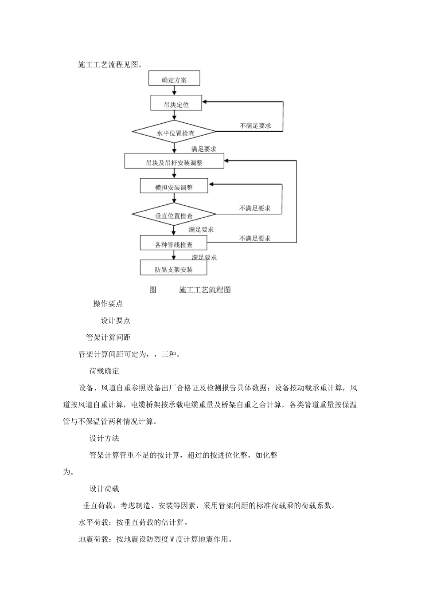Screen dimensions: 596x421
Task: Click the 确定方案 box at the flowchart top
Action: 174,80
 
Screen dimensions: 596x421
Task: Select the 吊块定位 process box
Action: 176,105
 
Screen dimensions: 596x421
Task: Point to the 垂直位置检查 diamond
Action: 174,216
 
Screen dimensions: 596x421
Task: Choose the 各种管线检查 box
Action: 174,244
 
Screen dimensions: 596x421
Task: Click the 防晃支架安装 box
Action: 174,269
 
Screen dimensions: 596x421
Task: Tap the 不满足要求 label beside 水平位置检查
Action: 255,125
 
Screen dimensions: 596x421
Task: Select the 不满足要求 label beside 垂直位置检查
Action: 255,208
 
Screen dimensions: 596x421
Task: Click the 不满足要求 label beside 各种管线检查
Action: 255,238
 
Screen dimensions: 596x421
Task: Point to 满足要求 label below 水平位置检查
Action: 204,149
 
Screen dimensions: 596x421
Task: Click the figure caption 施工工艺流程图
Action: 205,290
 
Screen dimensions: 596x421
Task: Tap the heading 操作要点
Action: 108,304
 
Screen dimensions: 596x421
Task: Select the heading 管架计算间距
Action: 109,337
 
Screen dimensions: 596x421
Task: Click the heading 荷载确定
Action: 104,371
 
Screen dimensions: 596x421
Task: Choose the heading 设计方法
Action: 104,439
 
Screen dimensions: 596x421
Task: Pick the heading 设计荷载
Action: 104,489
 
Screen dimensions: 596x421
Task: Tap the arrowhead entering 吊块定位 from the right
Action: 205,102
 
